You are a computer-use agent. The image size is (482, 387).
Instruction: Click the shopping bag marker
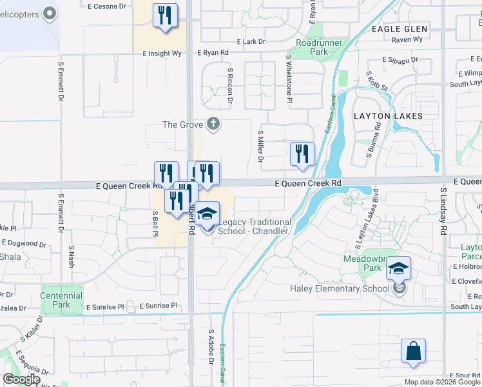413,352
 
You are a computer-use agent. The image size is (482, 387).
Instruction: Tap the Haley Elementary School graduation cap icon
399,268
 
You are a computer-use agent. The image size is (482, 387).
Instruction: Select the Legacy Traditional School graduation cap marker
207,214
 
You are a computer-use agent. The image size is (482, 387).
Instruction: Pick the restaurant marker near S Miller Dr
302,154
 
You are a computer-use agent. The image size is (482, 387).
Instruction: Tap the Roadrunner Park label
312,46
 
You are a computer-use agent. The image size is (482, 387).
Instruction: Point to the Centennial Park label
61,300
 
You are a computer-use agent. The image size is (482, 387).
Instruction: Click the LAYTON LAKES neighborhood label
388,117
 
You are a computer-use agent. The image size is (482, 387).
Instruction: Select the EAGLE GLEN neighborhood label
400,29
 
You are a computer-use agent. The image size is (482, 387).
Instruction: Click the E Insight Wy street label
162,54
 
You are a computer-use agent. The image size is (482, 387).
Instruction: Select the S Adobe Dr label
210,348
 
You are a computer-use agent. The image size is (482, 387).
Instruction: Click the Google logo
21,379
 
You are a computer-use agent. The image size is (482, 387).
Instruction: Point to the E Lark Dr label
251,41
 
